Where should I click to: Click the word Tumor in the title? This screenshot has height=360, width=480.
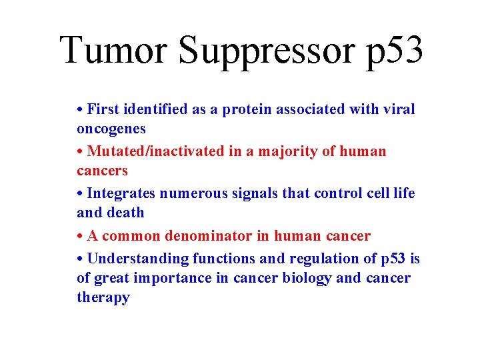point(113,50)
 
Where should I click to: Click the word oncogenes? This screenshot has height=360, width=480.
point(111,129)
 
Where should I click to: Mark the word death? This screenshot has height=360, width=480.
point(125,213)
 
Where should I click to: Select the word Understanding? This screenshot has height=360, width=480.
point(138,259)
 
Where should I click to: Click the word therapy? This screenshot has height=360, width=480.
point(103,297)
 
